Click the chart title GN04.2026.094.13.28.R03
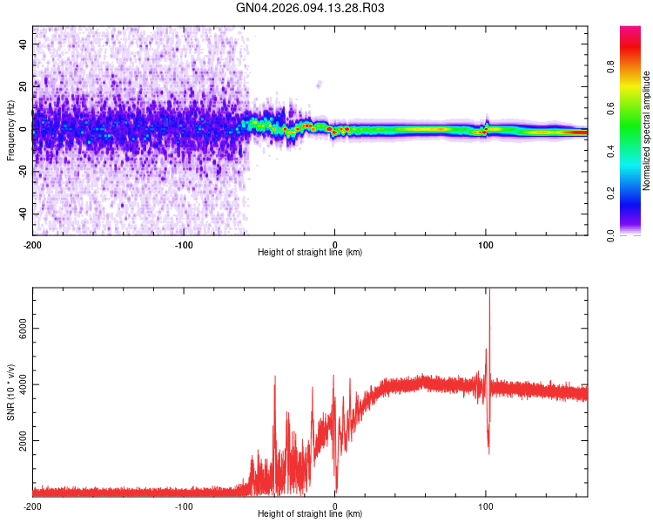(311, 8)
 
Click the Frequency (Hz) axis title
(10, 131)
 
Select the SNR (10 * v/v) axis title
(10, 391)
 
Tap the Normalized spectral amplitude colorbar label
(647, 131)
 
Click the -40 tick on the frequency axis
(21, 214)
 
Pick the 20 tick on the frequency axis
(23, 86)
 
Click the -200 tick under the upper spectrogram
(32, 243)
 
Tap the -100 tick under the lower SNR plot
(184, 506)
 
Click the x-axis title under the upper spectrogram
(310, 253)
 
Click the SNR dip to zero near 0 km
(336, 490)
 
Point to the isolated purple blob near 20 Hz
(319, 85)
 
